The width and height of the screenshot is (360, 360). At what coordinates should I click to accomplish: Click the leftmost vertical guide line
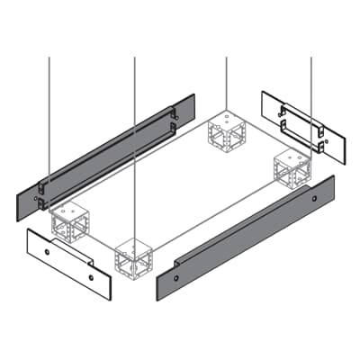click(49, 108)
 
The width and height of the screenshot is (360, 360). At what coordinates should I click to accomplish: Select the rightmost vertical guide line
click(311, 99)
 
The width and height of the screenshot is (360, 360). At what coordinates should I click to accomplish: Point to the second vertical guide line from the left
click(134, 135)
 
